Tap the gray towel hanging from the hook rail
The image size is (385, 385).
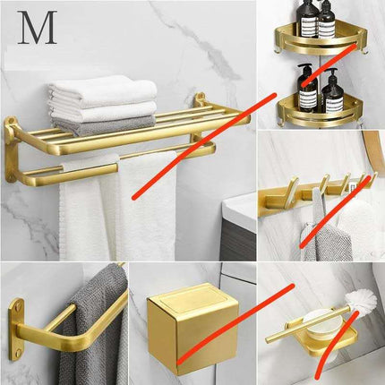point(312,237)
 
